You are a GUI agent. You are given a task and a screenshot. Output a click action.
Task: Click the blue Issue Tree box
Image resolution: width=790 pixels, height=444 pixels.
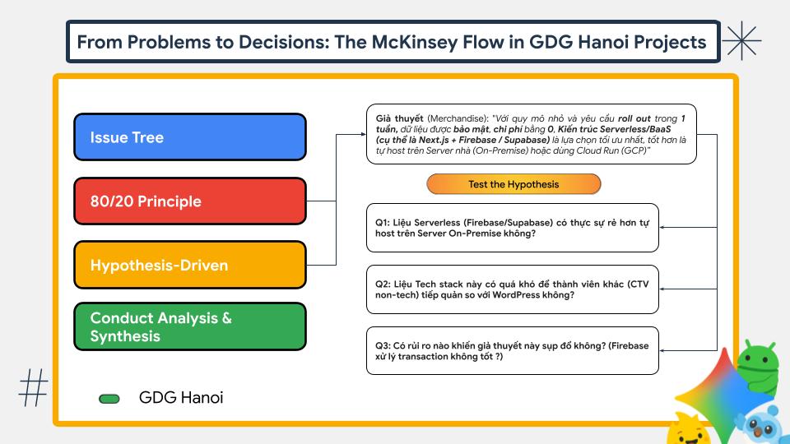point(189,137)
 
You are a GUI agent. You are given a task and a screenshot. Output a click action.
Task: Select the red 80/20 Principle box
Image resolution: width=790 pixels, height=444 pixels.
point(189,201)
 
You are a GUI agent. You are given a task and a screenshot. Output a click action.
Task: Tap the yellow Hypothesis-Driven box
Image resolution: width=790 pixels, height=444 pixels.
point(189,266)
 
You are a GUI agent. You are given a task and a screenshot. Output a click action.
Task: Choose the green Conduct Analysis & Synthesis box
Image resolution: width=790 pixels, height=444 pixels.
point(189,327)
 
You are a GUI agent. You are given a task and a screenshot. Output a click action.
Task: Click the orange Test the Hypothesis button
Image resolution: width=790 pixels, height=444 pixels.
point(513,184)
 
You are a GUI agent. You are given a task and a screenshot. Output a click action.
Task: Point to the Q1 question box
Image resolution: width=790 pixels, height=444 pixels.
point(513,227)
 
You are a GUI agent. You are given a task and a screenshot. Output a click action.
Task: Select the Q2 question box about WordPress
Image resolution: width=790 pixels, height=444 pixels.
point(513,289)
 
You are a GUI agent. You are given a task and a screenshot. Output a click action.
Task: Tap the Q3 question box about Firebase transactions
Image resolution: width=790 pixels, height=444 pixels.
point(513,351)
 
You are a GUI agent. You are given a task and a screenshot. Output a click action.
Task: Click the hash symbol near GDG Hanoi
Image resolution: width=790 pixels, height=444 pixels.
point(34,387)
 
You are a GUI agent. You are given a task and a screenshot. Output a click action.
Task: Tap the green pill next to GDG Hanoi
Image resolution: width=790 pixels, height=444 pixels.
point(109,399)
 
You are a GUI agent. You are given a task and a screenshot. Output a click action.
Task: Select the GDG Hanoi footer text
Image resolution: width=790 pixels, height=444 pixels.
point(181,398)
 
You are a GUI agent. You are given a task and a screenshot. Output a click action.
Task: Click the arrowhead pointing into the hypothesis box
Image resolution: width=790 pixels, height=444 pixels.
point(361,135)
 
